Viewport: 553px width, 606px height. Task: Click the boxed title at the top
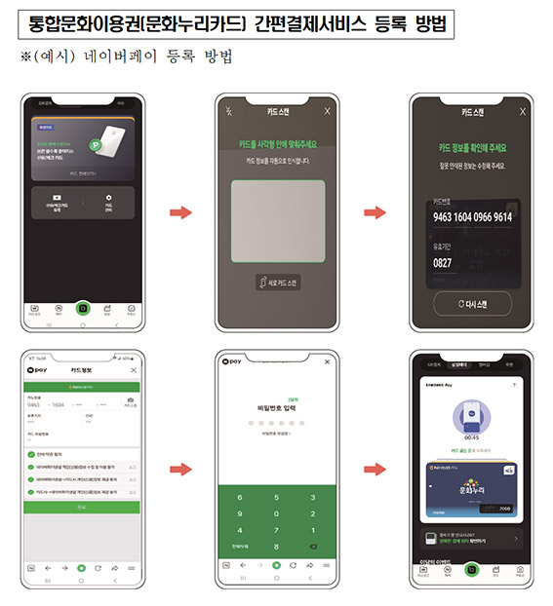click(x=275, y=21)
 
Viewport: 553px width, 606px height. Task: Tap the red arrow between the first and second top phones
click(x=179, y=211)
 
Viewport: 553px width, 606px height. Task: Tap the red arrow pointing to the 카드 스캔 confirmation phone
click(x=374, y=211)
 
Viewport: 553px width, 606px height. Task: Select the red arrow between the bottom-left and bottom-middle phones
click(x=179, y=470)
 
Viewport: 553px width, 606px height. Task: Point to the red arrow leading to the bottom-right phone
click(x=374, y=470)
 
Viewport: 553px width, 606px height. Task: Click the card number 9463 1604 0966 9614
click(x=471, y=217)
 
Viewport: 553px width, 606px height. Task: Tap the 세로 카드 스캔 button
click(x=276, y=283)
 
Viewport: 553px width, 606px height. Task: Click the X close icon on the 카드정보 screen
click(x=134, y=371)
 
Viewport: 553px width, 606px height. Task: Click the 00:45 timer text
click(x=471, y=436)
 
